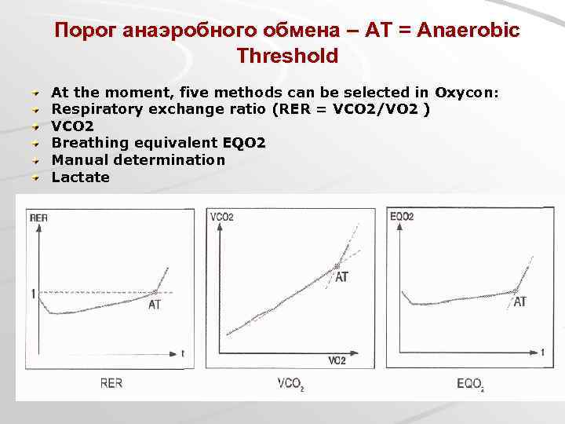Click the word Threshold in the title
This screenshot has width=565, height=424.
[x=286, y=57]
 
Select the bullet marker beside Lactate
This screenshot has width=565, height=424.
[x=35, y=177]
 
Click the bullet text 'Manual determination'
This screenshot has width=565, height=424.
[x=138, y=160]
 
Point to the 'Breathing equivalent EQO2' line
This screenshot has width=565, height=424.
[x=159, y=143]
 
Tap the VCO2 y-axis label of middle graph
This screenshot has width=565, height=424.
[x=221, y=216]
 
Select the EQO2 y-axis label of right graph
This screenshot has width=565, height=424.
[x=401, y=216]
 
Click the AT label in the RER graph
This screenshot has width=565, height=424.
[x=155, y=305]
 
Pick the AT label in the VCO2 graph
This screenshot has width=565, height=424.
[x=342, y=277]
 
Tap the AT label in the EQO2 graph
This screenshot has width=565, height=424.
[x=519, y=302]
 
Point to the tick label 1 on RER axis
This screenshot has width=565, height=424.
[x=33, y=294]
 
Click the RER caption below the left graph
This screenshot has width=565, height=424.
[x=111, y=384]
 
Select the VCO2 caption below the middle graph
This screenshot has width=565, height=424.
[x=290, y=384]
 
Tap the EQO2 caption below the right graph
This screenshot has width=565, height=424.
[x=470, y=384]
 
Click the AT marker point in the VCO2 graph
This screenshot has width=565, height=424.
[x=338, y=266]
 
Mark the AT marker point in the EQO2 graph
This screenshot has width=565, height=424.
[x=516, y=291]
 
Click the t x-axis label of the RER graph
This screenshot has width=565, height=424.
[x=182, y=354]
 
